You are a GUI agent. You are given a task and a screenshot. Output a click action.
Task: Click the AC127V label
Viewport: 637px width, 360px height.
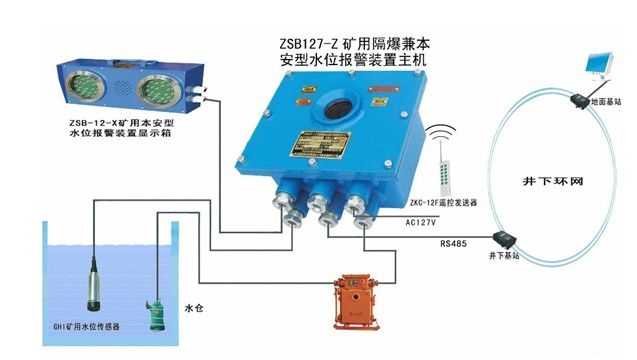420,222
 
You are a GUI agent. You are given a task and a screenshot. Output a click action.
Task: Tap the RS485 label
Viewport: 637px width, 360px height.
453,244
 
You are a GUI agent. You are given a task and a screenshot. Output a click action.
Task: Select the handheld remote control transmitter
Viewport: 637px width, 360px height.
444,178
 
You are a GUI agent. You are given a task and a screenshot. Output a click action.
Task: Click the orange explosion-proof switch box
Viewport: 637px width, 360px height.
356,302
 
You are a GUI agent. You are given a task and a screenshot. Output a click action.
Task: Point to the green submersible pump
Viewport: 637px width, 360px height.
155,314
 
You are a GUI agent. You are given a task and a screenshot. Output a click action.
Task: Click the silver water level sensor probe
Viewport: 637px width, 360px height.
94,285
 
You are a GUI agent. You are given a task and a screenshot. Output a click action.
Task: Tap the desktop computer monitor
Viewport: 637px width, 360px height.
598,66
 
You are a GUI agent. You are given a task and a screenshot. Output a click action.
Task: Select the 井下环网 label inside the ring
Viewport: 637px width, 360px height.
552,181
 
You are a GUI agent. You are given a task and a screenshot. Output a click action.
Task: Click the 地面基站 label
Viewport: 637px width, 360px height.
606,102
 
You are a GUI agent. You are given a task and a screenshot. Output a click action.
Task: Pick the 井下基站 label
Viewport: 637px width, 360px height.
504,256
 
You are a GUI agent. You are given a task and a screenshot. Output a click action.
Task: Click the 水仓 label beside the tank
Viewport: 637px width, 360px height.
193,308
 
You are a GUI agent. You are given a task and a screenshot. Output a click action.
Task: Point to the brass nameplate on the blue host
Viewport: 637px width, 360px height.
320,144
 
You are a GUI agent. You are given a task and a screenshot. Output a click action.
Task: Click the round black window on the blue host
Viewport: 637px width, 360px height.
338,108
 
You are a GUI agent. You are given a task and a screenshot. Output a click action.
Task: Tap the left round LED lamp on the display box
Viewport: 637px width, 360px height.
85,86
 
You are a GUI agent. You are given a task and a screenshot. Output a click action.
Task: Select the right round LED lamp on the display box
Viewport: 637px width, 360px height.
158,91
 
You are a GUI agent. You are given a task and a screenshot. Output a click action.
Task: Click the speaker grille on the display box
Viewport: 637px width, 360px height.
121,88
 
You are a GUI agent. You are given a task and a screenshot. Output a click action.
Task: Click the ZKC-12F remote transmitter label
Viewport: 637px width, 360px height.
443,202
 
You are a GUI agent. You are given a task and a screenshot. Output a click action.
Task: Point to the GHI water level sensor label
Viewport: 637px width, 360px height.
86,326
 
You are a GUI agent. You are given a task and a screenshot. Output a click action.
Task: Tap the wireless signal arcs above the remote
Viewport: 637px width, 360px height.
441,133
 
